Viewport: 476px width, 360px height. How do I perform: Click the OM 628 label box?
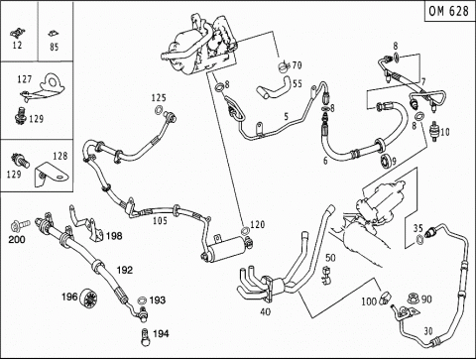point(449,11)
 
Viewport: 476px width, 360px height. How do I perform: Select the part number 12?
point(17,46)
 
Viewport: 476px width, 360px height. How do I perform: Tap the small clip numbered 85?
point(53,34)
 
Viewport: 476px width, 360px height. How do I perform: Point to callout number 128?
point(60,156)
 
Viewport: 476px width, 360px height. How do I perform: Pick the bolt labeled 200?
point(20,225)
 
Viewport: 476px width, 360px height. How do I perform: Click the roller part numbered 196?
point(88,298)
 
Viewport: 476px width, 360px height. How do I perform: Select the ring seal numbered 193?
point(142,300)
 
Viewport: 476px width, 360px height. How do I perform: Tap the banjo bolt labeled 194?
point(145,337)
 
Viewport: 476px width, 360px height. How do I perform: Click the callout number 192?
point(125,271)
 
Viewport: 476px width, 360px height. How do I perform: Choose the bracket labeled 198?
point(86,225)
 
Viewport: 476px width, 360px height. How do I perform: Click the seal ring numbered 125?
point(159,110)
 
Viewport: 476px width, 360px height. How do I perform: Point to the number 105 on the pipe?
point(160,220)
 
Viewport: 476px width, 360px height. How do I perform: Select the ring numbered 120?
point(245,231)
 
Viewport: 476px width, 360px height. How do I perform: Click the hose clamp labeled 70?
point(284,66)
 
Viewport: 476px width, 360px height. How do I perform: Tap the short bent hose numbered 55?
point(275,89)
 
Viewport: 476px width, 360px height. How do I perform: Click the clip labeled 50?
point(326,276)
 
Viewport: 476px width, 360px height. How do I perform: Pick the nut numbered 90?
point(413,299)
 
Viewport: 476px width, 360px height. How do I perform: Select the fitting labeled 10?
point(434,132)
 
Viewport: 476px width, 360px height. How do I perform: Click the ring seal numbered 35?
point(418,240)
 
